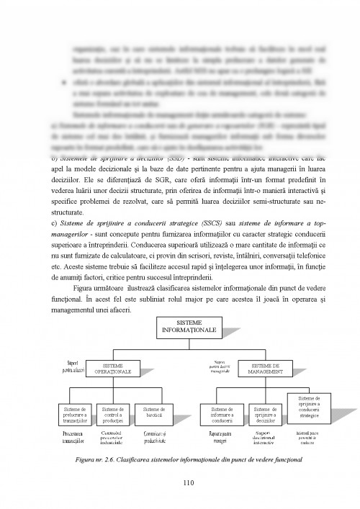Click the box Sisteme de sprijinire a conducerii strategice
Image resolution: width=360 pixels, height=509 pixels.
[307, 407]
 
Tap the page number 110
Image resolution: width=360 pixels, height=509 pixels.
[180, 483]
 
